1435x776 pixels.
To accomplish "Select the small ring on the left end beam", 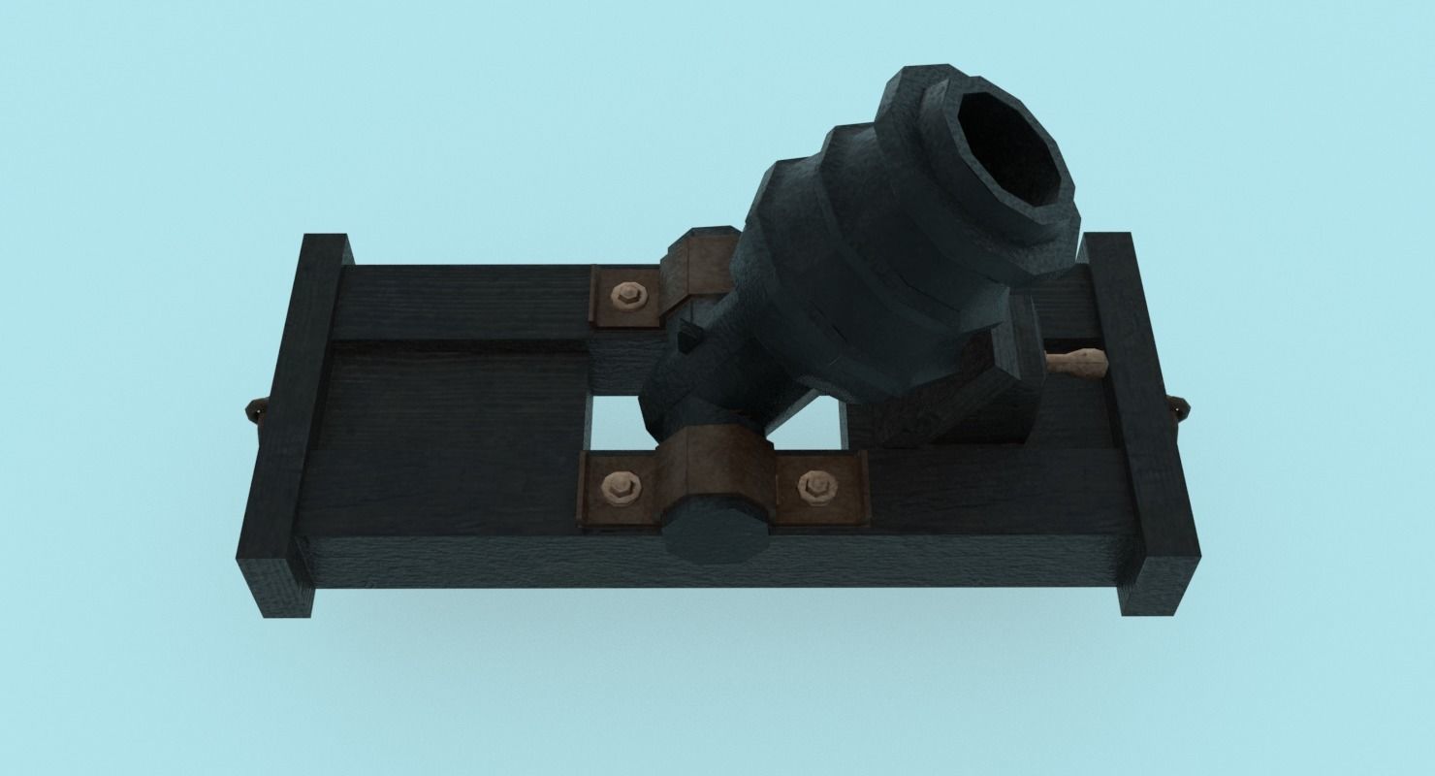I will click(x=254, y=411).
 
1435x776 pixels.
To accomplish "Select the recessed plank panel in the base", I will click(x=456, y=398).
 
